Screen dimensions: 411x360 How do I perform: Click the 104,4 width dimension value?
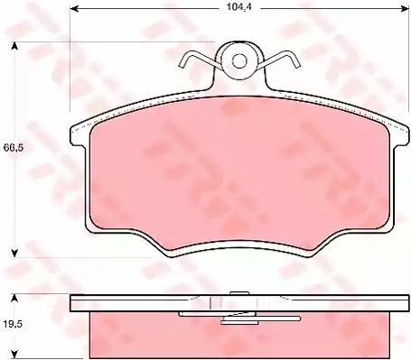pos(239,7)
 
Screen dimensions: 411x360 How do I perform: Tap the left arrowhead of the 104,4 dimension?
pos(74,9)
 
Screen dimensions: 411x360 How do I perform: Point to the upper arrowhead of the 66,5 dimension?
pos(14,46)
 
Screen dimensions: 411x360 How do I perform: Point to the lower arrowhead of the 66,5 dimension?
pos(14,254)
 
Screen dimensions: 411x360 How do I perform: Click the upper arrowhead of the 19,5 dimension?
pos(14,298)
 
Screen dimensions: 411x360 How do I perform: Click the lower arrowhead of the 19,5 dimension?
pos(14,355)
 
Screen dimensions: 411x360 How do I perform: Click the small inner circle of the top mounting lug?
pos(240,61)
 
